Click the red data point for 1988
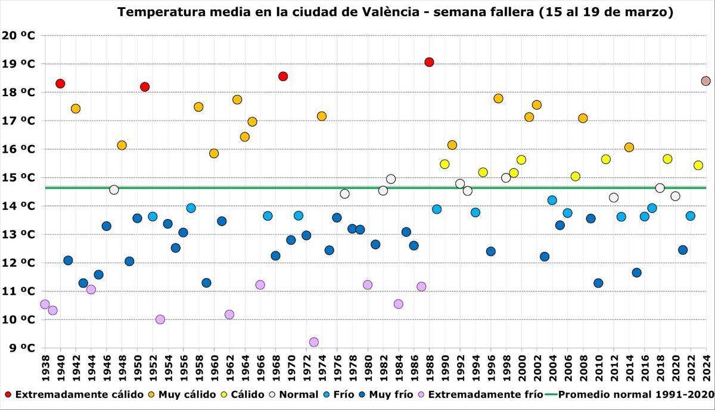[429, 62]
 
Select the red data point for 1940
[60, 84]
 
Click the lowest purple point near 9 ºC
[314, 342]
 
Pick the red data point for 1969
[283, 76]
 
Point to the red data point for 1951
[145, 87]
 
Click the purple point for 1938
[45, 304]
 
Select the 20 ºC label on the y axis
[18, 35]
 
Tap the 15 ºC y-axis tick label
[18, 178]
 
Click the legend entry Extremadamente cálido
[74, 394]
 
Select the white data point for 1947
[114, 190]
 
